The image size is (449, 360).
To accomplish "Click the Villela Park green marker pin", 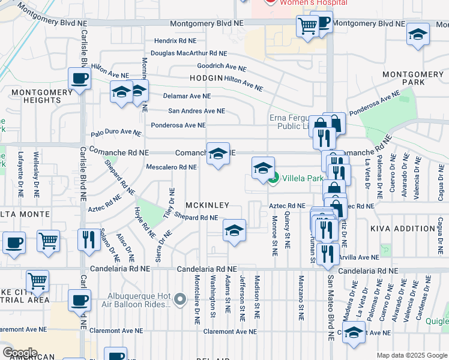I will click(274, 178).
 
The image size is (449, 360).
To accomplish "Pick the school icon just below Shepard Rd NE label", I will click(234, 230).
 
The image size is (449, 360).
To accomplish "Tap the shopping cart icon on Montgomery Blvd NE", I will click(307, 26).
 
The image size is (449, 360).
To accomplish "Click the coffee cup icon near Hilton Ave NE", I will click(79, 79).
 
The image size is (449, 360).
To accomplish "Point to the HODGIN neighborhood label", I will click(206, 78).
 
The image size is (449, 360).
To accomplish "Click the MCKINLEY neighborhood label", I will click(208, 205).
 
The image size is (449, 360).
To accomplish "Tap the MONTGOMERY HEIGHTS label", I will click(34, 95).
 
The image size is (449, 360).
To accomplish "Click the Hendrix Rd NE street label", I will click(175, 41).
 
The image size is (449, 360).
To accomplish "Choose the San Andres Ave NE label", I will click(196, 111).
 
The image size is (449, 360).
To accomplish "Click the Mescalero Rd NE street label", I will click(172, 167).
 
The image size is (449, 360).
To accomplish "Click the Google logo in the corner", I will click(20, 352).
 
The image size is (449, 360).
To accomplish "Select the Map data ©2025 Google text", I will click(411, 355).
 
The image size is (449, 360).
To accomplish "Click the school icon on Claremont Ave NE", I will click(354, 332).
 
